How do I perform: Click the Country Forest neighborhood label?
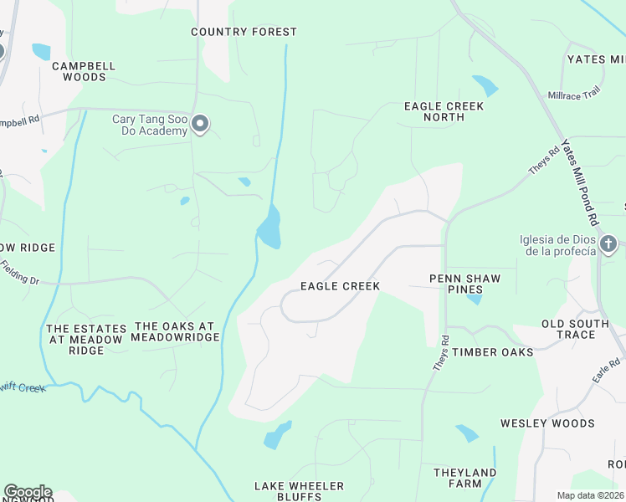(244, 32)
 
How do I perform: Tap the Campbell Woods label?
(84, 71)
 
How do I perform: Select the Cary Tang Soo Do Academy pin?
(200, 125)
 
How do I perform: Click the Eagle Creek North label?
(444, 111)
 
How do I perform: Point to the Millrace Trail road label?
(574, 93)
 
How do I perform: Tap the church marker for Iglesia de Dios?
(608, 244)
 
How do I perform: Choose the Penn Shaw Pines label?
(464, 284)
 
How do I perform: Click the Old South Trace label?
(580, 329)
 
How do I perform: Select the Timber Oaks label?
(493, 352)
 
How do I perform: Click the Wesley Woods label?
(547, 423)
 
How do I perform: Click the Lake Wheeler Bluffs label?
(300, 491)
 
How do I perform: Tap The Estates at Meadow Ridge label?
(86, 340)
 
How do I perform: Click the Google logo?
(27, 492)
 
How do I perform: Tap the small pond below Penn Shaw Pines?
(475, 299)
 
